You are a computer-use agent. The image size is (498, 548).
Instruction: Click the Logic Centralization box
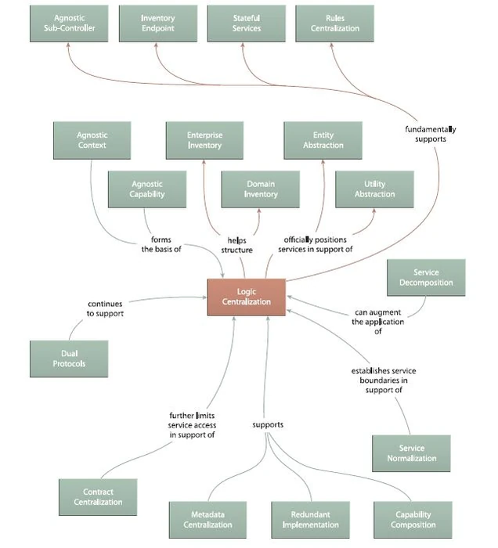point(246,297)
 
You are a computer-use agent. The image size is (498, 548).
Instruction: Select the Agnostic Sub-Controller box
point(69,23)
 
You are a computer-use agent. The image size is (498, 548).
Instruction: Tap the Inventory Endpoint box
point(158,23)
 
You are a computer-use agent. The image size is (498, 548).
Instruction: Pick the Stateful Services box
point(247,23)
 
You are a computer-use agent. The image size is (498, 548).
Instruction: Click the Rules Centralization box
point(335,23)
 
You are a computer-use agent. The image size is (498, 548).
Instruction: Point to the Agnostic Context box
point(92,140)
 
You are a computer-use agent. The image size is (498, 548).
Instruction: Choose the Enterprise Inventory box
point(204,140)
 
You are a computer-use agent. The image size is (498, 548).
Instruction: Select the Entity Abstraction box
point(323,140)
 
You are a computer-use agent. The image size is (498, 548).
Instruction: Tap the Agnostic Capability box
point(147,189)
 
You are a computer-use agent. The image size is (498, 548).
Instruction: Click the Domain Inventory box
point(261,189)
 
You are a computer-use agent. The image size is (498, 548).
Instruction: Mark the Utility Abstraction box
point(374,189)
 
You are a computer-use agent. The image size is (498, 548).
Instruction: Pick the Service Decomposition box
point(426,278)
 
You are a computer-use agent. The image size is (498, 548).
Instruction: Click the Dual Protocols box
point(69,359)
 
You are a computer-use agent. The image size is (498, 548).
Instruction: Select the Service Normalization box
point(412,454)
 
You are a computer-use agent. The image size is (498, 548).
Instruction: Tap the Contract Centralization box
point(99,498)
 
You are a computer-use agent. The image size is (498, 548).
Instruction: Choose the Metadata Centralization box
point(207,520)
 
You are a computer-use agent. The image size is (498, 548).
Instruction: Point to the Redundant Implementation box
point(311,520)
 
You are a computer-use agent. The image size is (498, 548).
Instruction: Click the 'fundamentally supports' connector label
point(431,134)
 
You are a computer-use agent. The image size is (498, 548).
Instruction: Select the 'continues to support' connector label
point(106,308)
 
